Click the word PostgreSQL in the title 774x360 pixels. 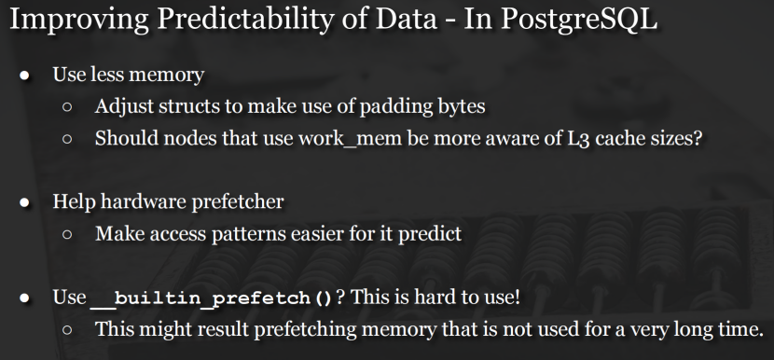point(578,20)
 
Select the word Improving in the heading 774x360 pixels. point(79,20)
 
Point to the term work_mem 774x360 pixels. point(350,138)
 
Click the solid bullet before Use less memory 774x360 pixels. point(24,76)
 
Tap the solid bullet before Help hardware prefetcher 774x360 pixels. point(24,203)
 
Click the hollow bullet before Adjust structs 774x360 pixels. point(68,107)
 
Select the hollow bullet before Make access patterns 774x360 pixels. point(68,235)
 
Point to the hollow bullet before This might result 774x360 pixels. point(68,330)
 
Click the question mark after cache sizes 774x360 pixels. point(697,138)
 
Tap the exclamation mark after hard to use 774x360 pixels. point(517,297)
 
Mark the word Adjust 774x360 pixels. point(124,106)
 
